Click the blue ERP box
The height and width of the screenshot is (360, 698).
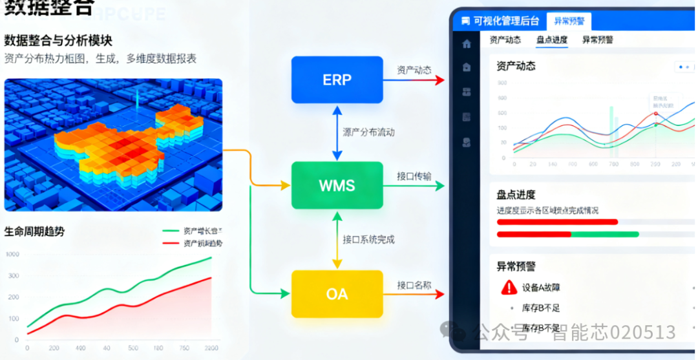coord(337,79)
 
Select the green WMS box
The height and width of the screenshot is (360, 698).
coord(337,185)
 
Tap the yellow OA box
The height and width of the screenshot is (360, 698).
coord(337,294)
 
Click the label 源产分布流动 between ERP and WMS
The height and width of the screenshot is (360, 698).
coord(368,132)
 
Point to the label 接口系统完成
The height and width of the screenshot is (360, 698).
coord(368,240)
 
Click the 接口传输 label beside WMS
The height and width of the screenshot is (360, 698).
coord(414,176)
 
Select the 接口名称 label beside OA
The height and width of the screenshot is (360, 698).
coord(414,285)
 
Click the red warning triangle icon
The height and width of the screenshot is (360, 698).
coord(509,287)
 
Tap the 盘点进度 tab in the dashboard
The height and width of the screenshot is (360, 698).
coord(552,40)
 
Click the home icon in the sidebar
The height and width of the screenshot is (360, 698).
coord(467,44)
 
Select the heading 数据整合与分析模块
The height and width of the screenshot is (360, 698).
coord(58,41)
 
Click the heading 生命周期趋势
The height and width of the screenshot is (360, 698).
coord(35,231)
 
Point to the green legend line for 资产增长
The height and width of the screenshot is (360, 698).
coord(171,231)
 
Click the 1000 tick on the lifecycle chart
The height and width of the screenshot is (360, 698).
coord(13,255)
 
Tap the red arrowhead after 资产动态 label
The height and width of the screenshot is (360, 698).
coord(440,79)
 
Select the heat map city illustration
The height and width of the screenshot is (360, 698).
coord(113,145)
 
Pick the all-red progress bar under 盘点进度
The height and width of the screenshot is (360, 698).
coord(557,222)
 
